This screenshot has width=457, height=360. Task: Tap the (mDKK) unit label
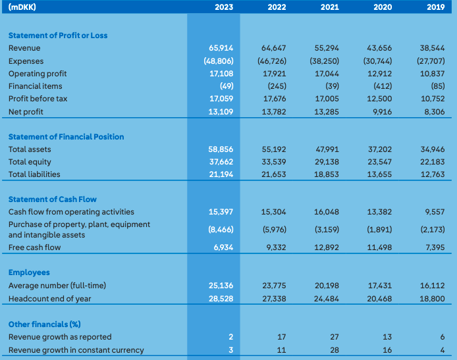[x=22, y=8]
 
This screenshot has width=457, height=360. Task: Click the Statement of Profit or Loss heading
[x=58, y=36]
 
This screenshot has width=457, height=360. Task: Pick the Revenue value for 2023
[x=222, y=48]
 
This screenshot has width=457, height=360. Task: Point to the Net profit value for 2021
[x=327, y=112]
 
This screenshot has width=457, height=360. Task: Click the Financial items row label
[x=35, y=86]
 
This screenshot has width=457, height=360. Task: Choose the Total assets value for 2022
[x=274, y=149]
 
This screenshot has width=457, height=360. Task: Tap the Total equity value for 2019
[x=433, y=162]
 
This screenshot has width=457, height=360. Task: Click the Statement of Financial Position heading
[x=66, y=137]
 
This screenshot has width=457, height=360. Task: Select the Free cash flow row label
[x=34, y=247]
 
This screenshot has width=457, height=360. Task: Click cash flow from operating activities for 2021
[x=327, y=212]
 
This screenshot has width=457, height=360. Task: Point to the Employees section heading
[x=29, y=272]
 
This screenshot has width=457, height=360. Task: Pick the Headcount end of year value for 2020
[x=380, y=298]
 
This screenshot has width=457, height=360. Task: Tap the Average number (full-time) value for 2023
[x=222, y=286]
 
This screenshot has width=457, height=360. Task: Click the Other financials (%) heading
[x=43, y=324]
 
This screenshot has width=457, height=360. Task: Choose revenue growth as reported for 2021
[x=334, y=337]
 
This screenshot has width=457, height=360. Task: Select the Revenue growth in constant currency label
[x=76, y=350]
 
